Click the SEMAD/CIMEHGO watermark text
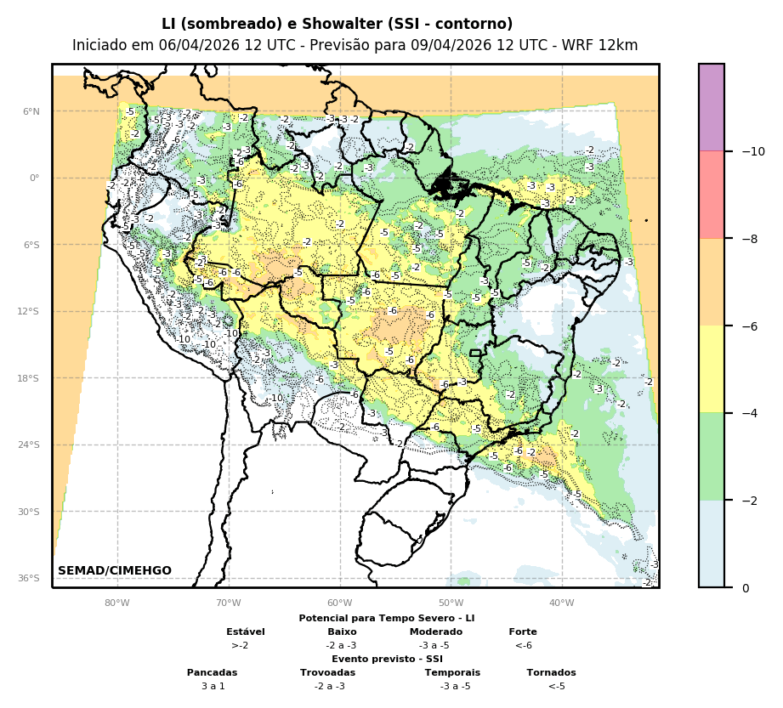point(115,570)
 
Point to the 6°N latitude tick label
point(31,111)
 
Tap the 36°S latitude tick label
point(29,578)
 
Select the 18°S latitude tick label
point(29,378)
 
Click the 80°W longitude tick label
point(117,603)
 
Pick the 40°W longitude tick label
point(562,603)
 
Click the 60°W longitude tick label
point(340,603)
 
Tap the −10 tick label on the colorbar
point(752,151)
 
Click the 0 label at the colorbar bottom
point(746,588)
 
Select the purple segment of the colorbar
point(712,107)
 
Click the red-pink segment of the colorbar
point(712,195)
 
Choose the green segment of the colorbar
point(712,456)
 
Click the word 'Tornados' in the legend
point(551,672)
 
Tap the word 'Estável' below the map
point(246,632)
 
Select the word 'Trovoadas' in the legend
point(327,672)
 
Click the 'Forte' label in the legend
point(523,632)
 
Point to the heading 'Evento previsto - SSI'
point(387,659)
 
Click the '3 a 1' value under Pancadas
point(213,686)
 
